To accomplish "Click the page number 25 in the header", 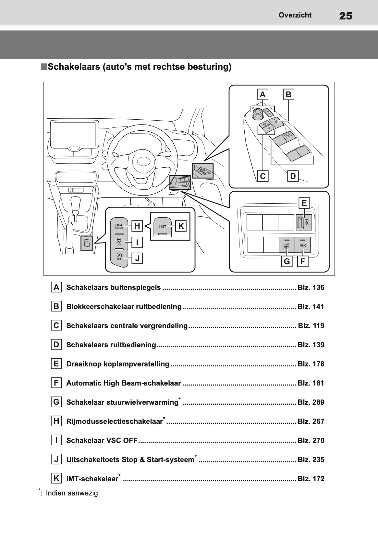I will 346,16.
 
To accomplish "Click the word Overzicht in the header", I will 295,15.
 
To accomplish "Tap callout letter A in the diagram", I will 262,95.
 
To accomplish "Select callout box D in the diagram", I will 293,176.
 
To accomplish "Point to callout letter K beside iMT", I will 181,226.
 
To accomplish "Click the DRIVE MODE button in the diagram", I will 119,226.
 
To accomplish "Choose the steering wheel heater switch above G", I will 287,245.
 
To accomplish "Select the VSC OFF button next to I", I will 119,242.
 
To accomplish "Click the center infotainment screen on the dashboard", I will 74,134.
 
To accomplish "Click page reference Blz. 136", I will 311,288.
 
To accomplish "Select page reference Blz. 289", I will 311,402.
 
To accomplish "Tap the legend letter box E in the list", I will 56,364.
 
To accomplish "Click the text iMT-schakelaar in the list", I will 92,479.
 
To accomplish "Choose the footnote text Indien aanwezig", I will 72,493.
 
